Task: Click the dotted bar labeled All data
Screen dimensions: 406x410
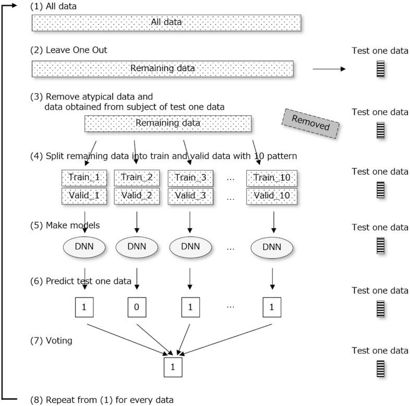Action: click(x=166, y=22)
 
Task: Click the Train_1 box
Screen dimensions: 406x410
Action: click(x=85, y=178)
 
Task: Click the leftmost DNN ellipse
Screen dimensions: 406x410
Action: click(x=85, y=247)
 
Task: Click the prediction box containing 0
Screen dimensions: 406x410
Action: click(x=137, y=307)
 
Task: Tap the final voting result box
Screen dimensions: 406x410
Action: click(x=173, y=367)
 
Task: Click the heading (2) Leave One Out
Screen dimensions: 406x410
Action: click(x=69, y=50)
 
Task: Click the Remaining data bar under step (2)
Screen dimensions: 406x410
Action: click(x=162, y=68)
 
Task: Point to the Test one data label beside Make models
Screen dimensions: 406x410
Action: click(x=380, y=227)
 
